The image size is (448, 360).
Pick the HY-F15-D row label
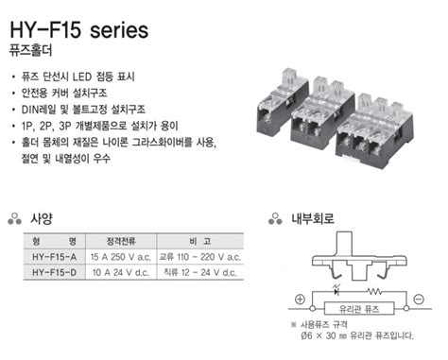52,272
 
